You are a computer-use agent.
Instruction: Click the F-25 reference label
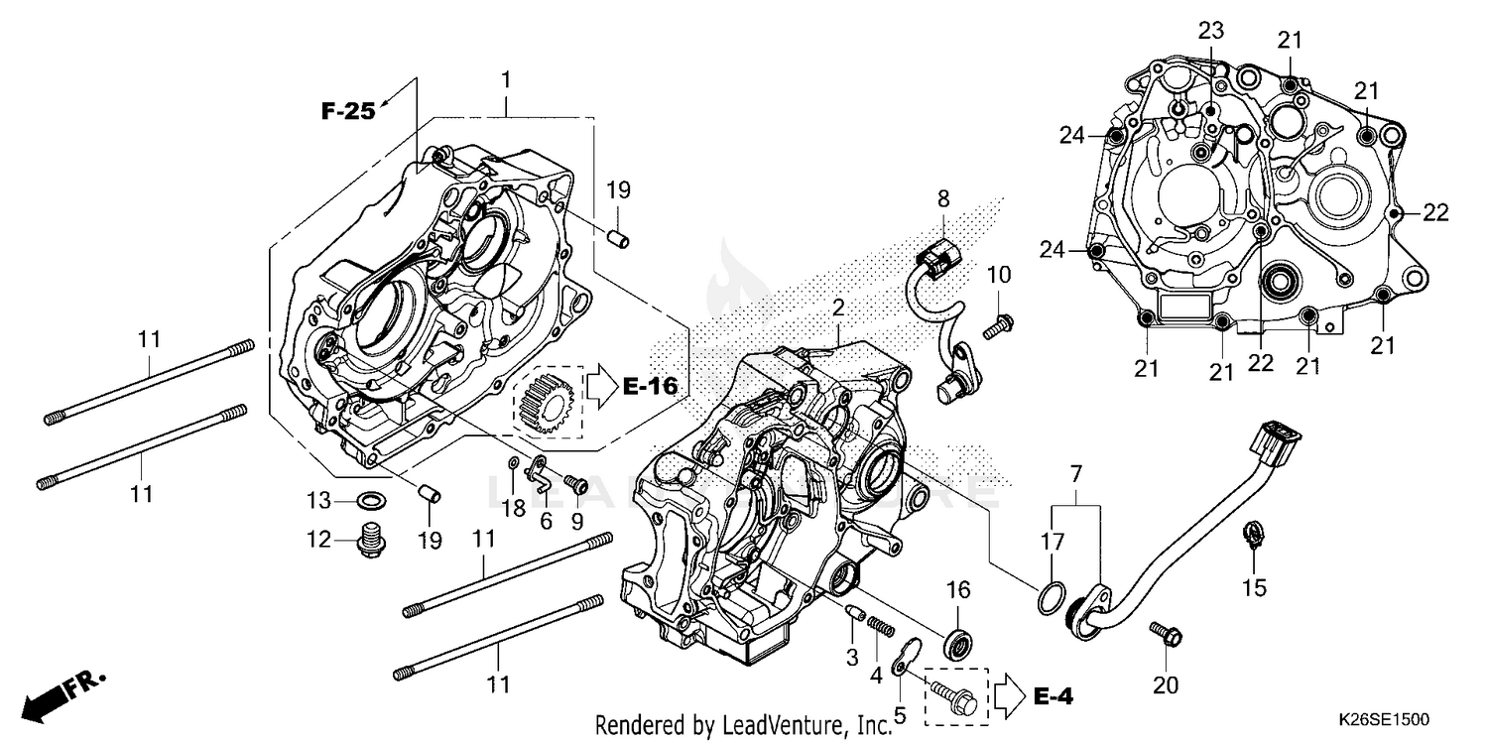click(347, 111)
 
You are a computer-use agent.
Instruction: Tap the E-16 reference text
click(650, 387)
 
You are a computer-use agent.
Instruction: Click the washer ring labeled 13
click(372, 498)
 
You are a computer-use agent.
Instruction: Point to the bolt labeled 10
click(999, 322)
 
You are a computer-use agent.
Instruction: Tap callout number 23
click(1210, 31)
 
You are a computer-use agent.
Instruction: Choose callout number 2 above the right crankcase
click(837, 309)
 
